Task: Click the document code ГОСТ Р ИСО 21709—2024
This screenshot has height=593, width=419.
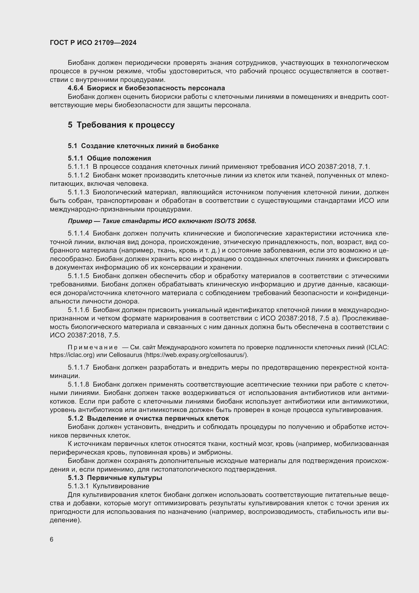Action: (x=93, y=43)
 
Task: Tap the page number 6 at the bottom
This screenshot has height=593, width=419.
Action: (x=52, y=540)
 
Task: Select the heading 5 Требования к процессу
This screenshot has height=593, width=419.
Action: (x=121, y=125)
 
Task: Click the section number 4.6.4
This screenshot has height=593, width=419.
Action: (x=75, y=88)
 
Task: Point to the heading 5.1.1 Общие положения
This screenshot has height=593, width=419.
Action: (x=109, y=158)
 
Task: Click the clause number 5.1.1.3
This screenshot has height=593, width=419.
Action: (x=79, y=192)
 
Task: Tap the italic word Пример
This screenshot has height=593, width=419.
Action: (x=80, y=221)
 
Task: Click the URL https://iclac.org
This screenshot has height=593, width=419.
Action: (x=71, y=355)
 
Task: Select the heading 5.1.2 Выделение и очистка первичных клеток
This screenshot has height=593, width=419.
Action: (x=148, y=418)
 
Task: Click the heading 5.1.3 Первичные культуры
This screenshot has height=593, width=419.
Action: (x=115, y=478)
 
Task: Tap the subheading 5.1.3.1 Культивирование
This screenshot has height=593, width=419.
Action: (x=108, y=486)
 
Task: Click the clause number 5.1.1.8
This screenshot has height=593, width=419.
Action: (x=79, y=385)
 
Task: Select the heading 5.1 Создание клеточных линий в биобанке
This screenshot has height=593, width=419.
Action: (x=143, y=146)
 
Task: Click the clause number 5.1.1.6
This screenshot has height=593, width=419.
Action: (x=79, y=310)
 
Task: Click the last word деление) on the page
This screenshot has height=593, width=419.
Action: (x=66, y=520)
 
